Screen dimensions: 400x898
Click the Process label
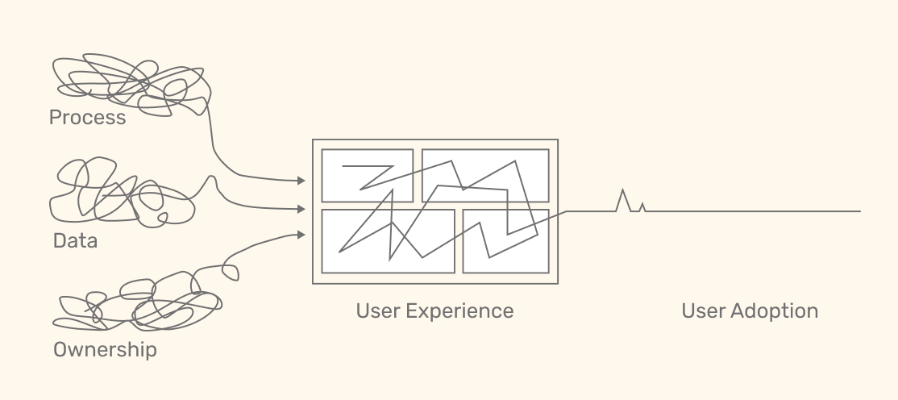point(87,118)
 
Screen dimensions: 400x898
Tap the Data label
point(75,240)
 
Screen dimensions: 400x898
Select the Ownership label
point(105,350)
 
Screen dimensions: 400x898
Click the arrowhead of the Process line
point(301,181)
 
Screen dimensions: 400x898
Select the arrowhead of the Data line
point(301,209)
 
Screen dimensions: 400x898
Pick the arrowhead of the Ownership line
point(301,235)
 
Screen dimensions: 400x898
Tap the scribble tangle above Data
point(121,194)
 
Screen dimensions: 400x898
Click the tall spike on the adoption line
point(622,194)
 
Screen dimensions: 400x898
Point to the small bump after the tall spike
point(642,207)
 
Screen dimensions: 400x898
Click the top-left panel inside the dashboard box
point(367,175)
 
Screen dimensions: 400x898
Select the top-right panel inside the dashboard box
point(485,175)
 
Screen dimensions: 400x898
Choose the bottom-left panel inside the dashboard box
point(388,241)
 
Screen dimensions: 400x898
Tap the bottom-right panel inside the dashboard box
point(505,241)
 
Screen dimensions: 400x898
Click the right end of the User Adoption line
point(859,211)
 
